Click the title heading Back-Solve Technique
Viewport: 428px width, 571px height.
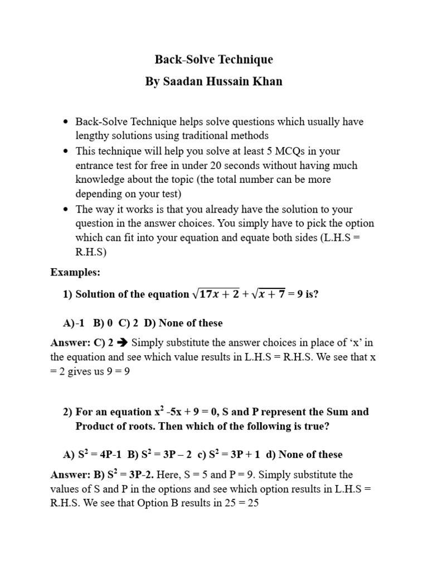213,59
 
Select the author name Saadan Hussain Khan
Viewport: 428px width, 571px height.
213,81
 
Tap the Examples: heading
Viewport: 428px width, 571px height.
75,272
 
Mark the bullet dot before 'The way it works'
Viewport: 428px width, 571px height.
66,209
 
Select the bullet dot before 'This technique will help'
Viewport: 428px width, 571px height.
66,151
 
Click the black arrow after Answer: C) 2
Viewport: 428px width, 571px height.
123,342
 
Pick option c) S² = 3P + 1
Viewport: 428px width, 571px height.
228,454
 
